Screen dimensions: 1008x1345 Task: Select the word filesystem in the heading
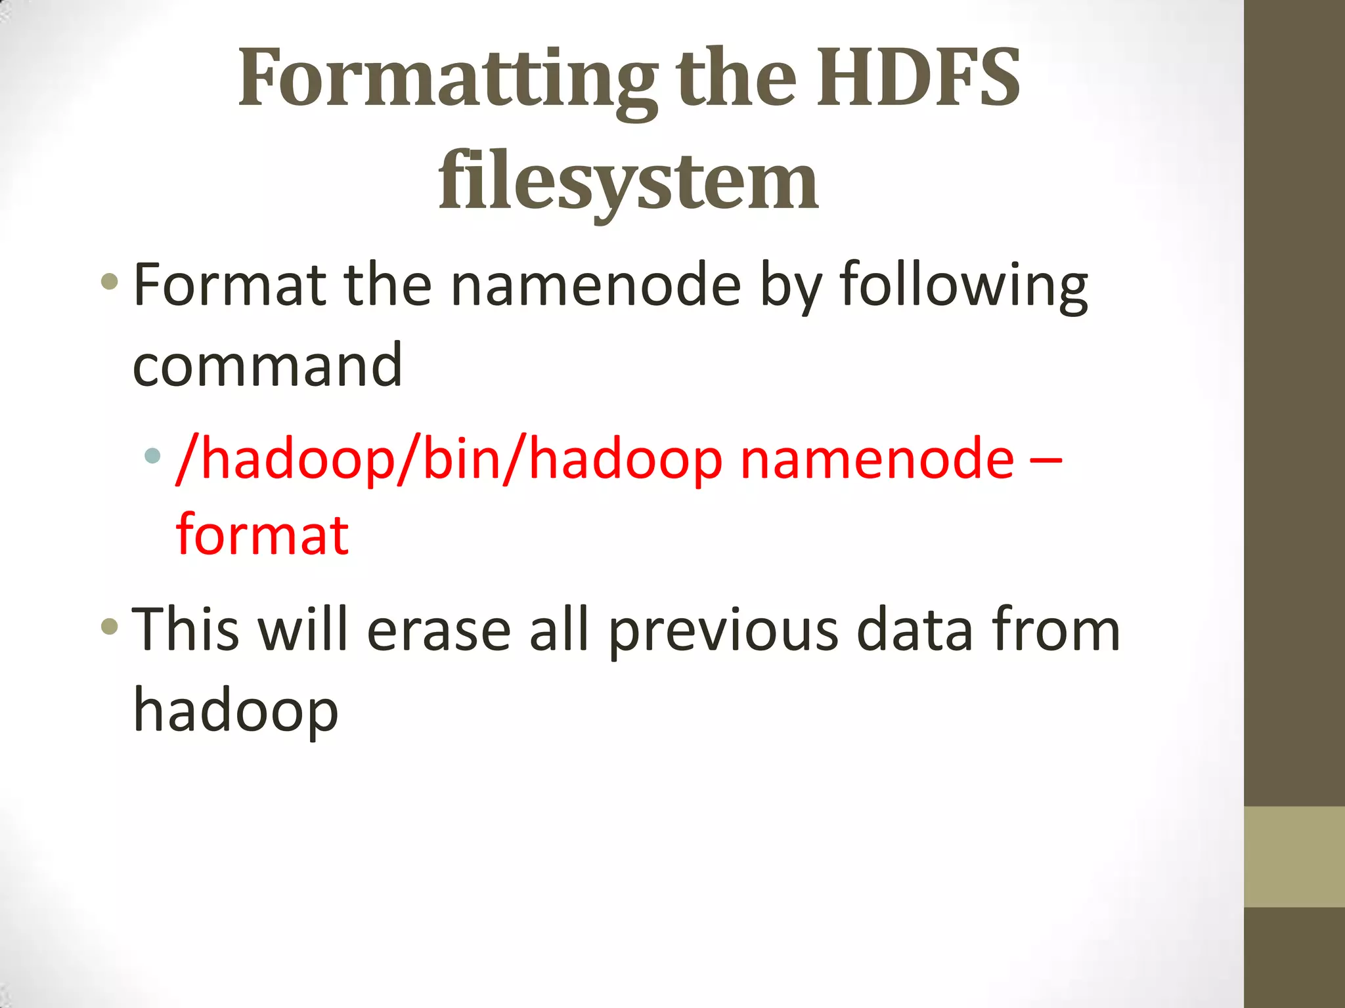click(628, 180)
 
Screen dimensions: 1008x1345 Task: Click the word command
click(267, 366)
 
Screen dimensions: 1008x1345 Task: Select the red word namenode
click(877, 459)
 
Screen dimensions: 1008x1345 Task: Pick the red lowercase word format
click(262, 535)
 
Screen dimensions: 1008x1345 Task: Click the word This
click(186, 630)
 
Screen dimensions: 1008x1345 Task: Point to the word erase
click(439, 630)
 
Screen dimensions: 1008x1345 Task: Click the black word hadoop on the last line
click(236, 712)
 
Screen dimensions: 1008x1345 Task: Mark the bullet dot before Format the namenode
click(110, 283)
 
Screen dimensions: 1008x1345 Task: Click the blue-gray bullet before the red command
click(152, 455)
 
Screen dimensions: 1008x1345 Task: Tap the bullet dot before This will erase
click(110, 626)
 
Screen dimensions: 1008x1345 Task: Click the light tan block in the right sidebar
click(1294, 856)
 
